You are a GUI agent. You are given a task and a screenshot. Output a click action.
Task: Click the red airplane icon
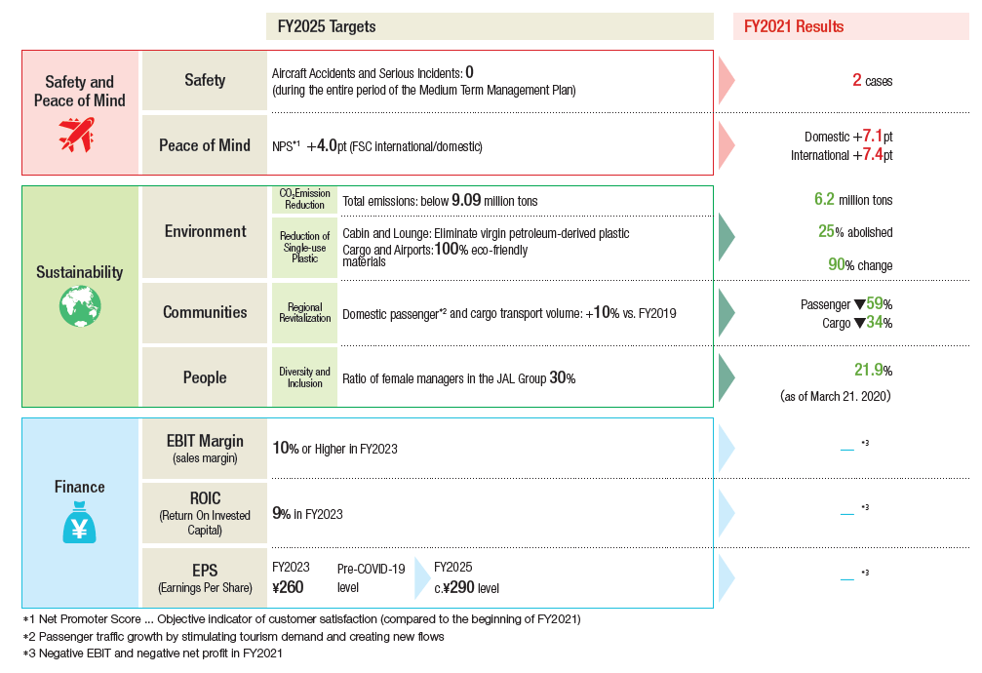click(x=76, y=134)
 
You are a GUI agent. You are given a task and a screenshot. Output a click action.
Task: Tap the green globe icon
click(x=80, y=306)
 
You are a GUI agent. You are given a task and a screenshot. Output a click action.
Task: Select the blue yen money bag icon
click(x=80, y=522)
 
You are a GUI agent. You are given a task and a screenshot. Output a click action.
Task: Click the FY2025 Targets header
click(x=327, y=26)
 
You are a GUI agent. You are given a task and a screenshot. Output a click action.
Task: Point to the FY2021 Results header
click(x=794, y=26)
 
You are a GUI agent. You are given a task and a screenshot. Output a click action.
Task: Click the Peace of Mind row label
click(x=205, y=145)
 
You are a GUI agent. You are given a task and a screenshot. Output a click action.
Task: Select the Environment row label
click(x=206, y=231)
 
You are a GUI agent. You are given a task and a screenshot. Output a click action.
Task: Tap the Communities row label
click(x=205, y=312)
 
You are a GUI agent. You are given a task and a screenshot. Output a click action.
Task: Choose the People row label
click(x=205, y=377)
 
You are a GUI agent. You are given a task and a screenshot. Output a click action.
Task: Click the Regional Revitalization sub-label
click(x=305, y=312)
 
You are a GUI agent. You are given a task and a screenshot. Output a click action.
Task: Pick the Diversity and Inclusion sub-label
click(x=304, y=377)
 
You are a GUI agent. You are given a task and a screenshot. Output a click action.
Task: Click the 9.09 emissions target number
click(x=466, y=200)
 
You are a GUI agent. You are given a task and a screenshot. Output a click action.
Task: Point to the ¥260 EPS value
click(x=288, y=587)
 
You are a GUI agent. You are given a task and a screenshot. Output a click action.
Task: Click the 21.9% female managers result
click(x=873, y=370)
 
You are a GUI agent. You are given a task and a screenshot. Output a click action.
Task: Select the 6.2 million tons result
click(x=853, y=199)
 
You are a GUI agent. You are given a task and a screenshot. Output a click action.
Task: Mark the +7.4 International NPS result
click(x=873, y=154)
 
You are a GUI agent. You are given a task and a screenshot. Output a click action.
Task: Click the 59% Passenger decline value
click(x=880, y=304)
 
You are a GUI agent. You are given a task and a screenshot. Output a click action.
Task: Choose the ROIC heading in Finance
click(x=206, y=498)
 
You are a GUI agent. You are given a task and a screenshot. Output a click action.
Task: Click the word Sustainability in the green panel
click(x=80, y=272)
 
